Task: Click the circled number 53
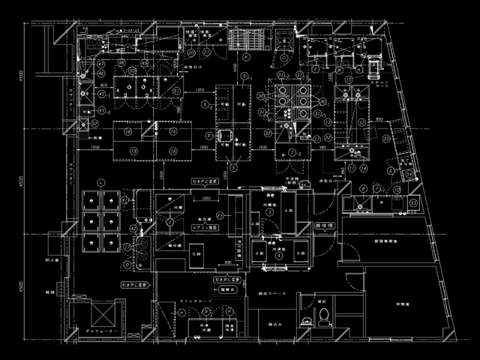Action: [x=414, y=203]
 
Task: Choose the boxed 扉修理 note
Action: [x=324, y=224]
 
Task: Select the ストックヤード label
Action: [x=194, y=301]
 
